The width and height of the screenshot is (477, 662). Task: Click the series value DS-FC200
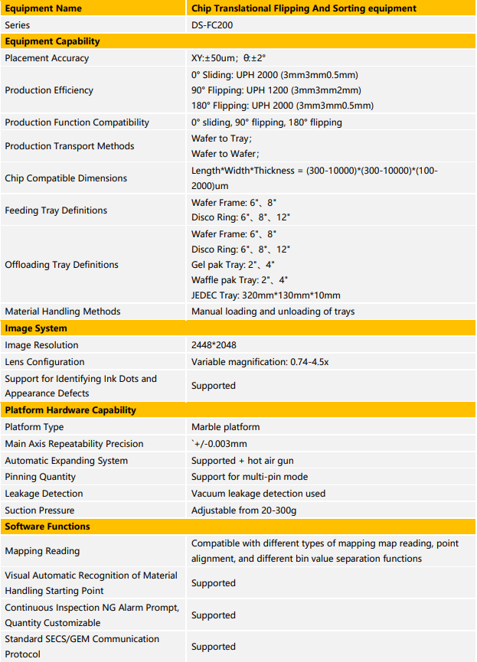[x=213, y=25]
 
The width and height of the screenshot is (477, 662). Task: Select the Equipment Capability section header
[x=52, y=41]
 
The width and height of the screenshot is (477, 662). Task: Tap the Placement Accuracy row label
[x=47, y=58]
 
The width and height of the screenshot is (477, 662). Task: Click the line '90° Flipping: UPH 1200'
[x=276, y=90]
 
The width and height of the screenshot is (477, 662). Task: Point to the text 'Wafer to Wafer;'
[x=224, y=154]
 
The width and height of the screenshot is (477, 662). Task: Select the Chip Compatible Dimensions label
[x=66, y=178]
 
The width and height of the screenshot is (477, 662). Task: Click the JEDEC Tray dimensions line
[x=266, y=295]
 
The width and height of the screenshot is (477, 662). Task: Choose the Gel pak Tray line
[x=234, y=265]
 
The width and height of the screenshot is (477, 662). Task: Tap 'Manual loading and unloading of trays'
[x=273, y=311]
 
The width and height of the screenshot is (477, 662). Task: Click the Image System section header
[x=36, y=328]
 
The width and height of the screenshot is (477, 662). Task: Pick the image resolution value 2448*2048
[x=214, y=345]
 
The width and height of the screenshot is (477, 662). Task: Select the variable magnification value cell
[x=260, y=362]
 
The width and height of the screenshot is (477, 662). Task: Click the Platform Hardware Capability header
[x=70, y=410]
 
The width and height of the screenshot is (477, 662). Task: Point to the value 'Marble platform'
[x=225, y=427]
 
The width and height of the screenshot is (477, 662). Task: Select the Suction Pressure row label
[x=40, y=510]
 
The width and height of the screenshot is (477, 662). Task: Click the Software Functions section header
[x=47, y=527]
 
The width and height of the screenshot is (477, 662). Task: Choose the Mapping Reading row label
[x=42, y=551]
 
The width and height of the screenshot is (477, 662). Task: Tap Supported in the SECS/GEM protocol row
[x=213, y=647]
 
